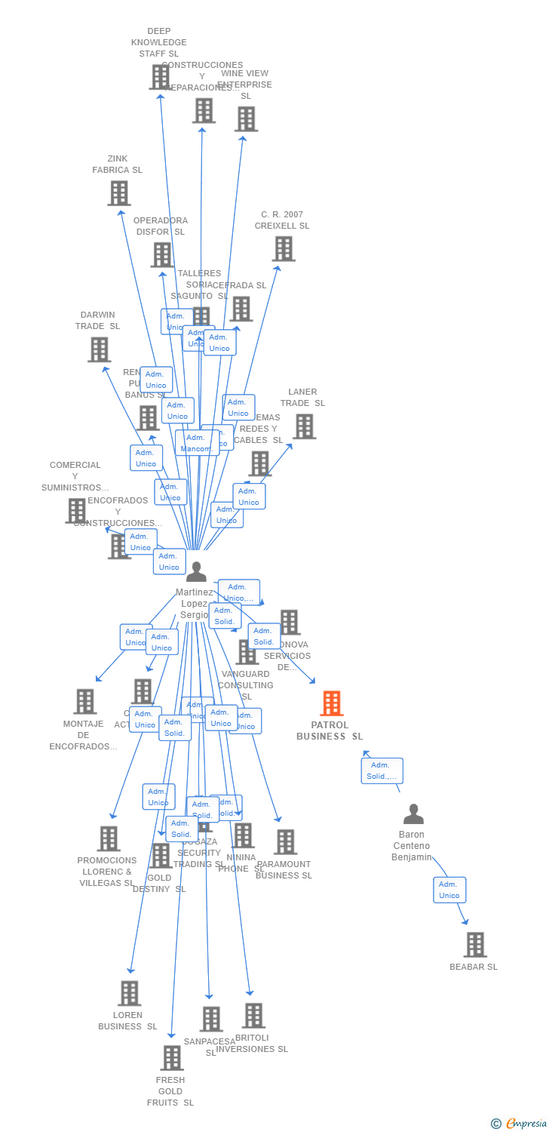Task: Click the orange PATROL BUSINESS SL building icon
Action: coord(331,703)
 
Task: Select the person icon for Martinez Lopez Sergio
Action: coord(196,572)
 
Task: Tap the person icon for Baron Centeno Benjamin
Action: coord(413,814)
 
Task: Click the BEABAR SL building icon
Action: coord(475,945)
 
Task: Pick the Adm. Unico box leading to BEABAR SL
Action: coord(449,890)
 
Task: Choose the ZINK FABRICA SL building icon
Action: coord(118,193)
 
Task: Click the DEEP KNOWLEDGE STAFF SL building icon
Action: coord(159,77)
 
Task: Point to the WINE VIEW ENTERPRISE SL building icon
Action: coord(246,119)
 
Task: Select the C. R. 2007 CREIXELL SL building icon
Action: coord(283,249)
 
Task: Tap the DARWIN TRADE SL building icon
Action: coord(99,349)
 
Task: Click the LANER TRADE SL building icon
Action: coord(304,426)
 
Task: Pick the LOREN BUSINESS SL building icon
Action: coord(129,993)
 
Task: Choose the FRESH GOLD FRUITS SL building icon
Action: coord(171,1058)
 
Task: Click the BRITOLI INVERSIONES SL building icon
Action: coord(253,1016)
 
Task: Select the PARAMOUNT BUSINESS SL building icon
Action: coord(285,842)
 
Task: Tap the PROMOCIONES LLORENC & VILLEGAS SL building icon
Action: coord(109,838)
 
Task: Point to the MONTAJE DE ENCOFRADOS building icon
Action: coord(84,701)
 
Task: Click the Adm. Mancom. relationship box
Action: coord(197,443)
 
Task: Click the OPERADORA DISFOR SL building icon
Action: coord(161,255)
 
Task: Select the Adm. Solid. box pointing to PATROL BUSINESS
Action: coord(382,771)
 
